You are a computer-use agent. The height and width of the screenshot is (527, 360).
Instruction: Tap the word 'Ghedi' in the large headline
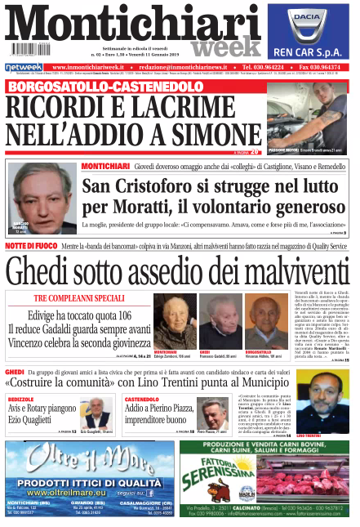coord(47,270)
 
